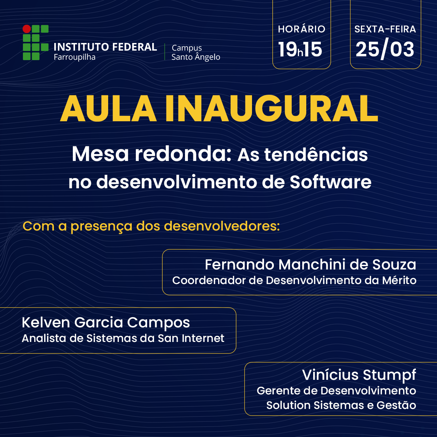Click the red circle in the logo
(27, 29)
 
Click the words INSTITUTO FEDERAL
(105, 47)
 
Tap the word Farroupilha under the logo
(75, 57)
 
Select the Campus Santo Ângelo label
(196, 52)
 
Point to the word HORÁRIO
(302, 29)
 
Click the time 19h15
(300, 50)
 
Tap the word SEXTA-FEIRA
(385, 29)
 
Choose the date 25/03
(385, 50)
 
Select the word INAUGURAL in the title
(271, 109)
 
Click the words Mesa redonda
(151, 154)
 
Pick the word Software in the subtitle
(330, 182)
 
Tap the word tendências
(316, 155)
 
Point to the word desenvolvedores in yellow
(221, 226)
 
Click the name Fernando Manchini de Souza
(310, 265)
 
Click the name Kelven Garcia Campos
(106, 323)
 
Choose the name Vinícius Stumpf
(359, 375)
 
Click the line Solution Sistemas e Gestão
(341, 405)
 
